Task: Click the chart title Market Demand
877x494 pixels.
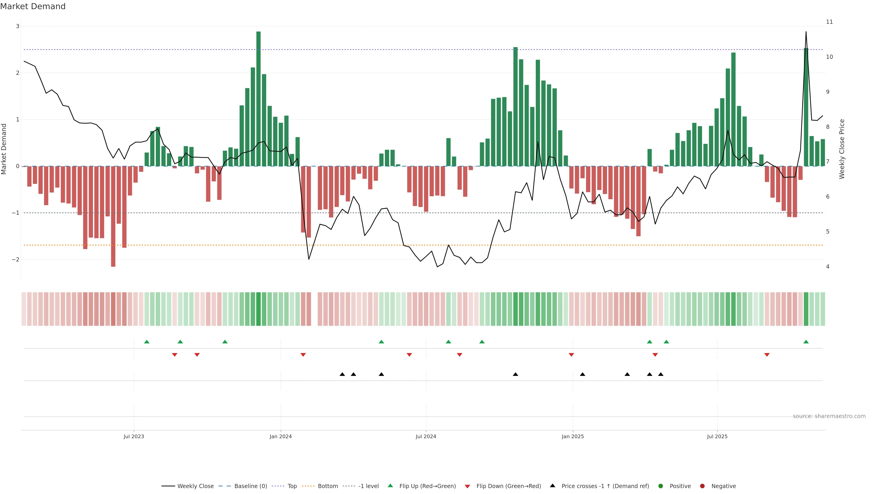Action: (x=33, y=6)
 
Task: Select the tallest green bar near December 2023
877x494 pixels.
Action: (x=258, y=99)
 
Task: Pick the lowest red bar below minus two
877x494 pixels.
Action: (x=113, y=217)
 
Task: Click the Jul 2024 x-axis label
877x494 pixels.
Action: (x=426, y=436)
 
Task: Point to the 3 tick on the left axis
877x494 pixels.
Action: (x=18, y=26)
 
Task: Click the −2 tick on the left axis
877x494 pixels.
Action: (x=16, y=259)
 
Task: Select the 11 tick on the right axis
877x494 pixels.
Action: (x=829, y=22)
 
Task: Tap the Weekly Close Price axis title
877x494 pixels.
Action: (x=842, y=149)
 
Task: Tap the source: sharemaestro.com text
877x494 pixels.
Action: (x=829, y=416)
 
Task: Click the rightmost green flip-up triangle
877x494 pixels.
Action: (x=806, y=342)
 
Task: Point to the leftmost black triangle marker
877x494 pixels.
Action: (x=342, y=374)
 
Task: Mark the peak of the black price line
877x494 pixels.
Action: (x=806, y=32)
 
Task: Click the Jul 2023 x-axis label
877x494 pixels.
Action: (x=134, y=436)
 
